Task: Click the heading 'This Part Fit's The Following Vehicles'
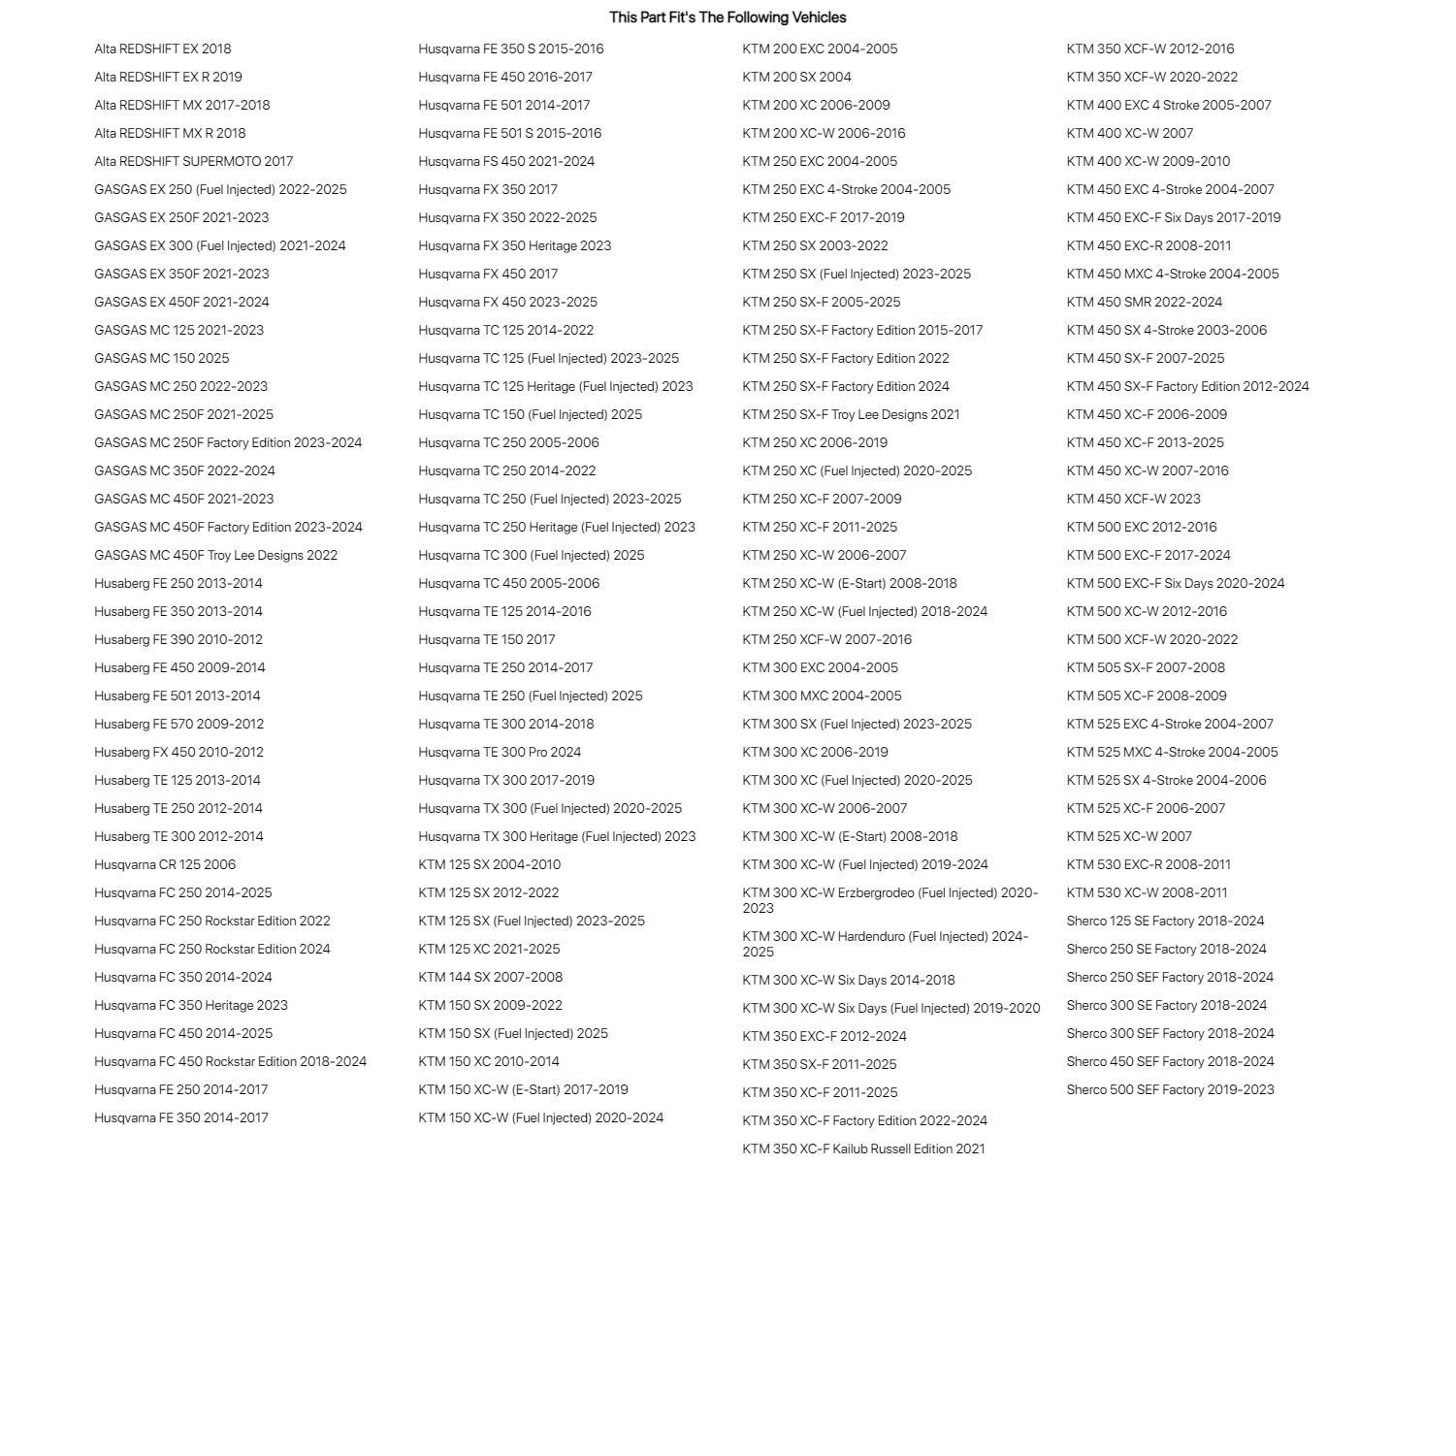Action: pyautogui.click(x=728, y=17)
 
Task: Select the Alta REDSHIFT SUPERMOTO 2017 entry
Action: pyautogui.click(x=193, y=162)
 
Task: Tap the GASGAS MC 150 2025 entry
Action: pyautogui.click(x=162, y=359)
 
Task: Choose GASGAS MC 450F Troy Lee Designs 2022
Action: pyautogui.click(x=215, y=556)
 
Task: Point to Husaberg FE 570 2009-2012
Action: pyautogui.click(x=178, y=725)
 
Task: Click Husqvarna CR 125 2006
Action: pyautogui.click(x=165, y=865)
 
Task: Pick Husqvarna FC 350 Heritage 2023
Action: pyautogui.click(x=191, y=1006)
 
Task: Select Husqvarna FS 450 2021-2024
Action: pyautogui.click(x=506, y=162)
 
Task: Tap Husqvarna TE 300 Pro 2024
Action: pyautogui.click(x=500, y=753)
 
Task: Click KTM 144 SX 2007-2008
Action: pyautogui.click(x=490, y=978)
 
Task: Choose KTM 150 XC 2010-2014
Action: pyautogui.click(x=489, y=1062)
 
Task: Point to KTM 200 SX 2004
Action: pyautogui.click(x=796, y=78)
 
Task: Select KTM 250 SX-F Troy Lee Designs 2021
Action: pyautogui.click(x=851, y=415)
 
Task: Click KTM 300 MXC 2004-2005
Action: pyautogui.click(x=822, y=696)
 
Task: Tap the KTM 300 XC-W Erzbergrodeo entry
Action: pyautogui.click(x=890, y=900)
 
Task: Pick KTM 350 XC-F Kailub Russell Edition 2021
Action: pyautogui.click(x=863, y=1149)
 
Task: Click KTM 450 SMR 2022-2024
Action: pyautogui.click(x=1145, y=303)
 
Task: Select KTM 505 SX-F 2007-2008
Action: pyautogui.click(x=1146, y=668)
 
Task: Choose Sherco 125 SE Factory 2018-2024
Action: pyautogui.click(x=1165, y=922)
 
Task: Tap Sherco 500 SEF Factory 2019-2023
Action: pyautogui.click(x=1170, y=1090)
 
